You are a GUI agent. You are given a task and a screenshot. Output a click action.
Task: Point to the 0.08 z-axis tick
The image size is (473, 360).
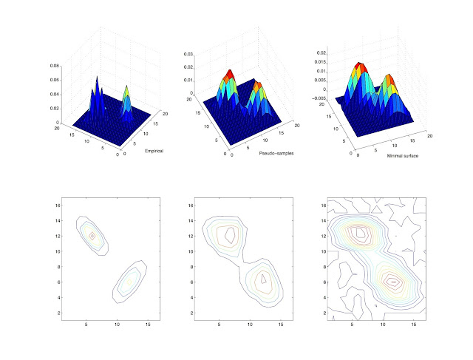click(x=55, y=66)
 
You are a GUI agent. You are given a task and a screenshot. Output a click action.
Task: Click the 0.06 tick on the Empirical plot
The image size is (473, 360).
click(x=55, y=80)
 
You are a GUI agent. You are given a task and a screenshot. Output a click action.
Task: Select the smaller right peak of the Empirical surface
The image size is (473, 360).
click(x=126, y=89)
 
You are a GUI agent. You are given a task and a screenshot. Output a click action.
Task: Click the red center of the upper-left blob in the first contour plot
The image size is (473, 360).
click(x=92, y=237)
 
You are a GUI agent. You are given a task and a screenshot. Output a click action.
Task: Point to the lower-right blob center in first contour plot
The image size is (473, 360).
click(x=129, y=281)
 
